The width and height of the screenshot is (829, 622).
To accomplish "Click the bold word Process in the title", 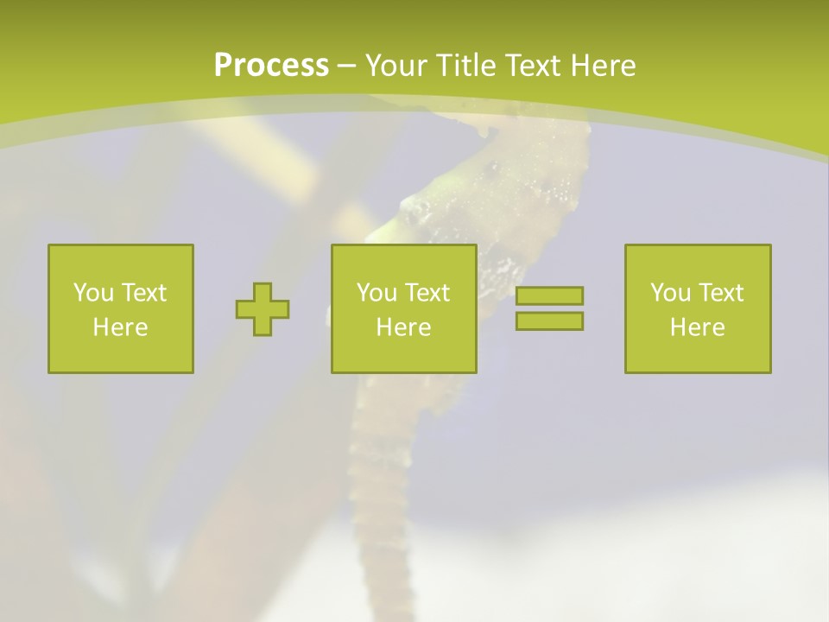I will pyautogui.click(x=271, y=66).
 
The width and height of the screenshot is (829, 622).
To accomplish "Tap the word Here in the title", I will pyautogui.click(x=602, y=66).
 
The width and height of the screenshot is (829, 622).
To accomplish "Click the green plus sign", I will pyautogui.click(x=263, y=309).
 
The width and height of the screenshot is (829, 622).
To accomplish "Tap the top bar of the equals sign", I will pyautogui.click(x=549, y=295).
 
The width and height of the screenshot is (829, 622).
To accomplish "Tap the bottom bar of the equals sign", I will pyautogui.click(x=549, y=321).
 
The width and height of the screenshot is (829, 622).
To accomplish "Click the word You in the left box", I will pyautogui.click(x=92, y=293).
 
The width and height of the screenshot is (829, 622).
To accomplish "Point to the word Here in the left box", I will pyautogui.click(x=120, y=327).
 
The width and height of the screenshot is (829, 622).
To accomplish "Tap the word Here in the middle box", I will pyautogui.click(x=403, y=327).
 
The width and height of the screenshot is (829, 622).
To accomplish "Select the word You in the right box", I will pyautogui.click(x=669, y=293).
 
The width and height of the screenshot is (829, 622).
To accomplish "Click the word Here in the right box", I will pyautogui.click(x=697, y=327).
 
